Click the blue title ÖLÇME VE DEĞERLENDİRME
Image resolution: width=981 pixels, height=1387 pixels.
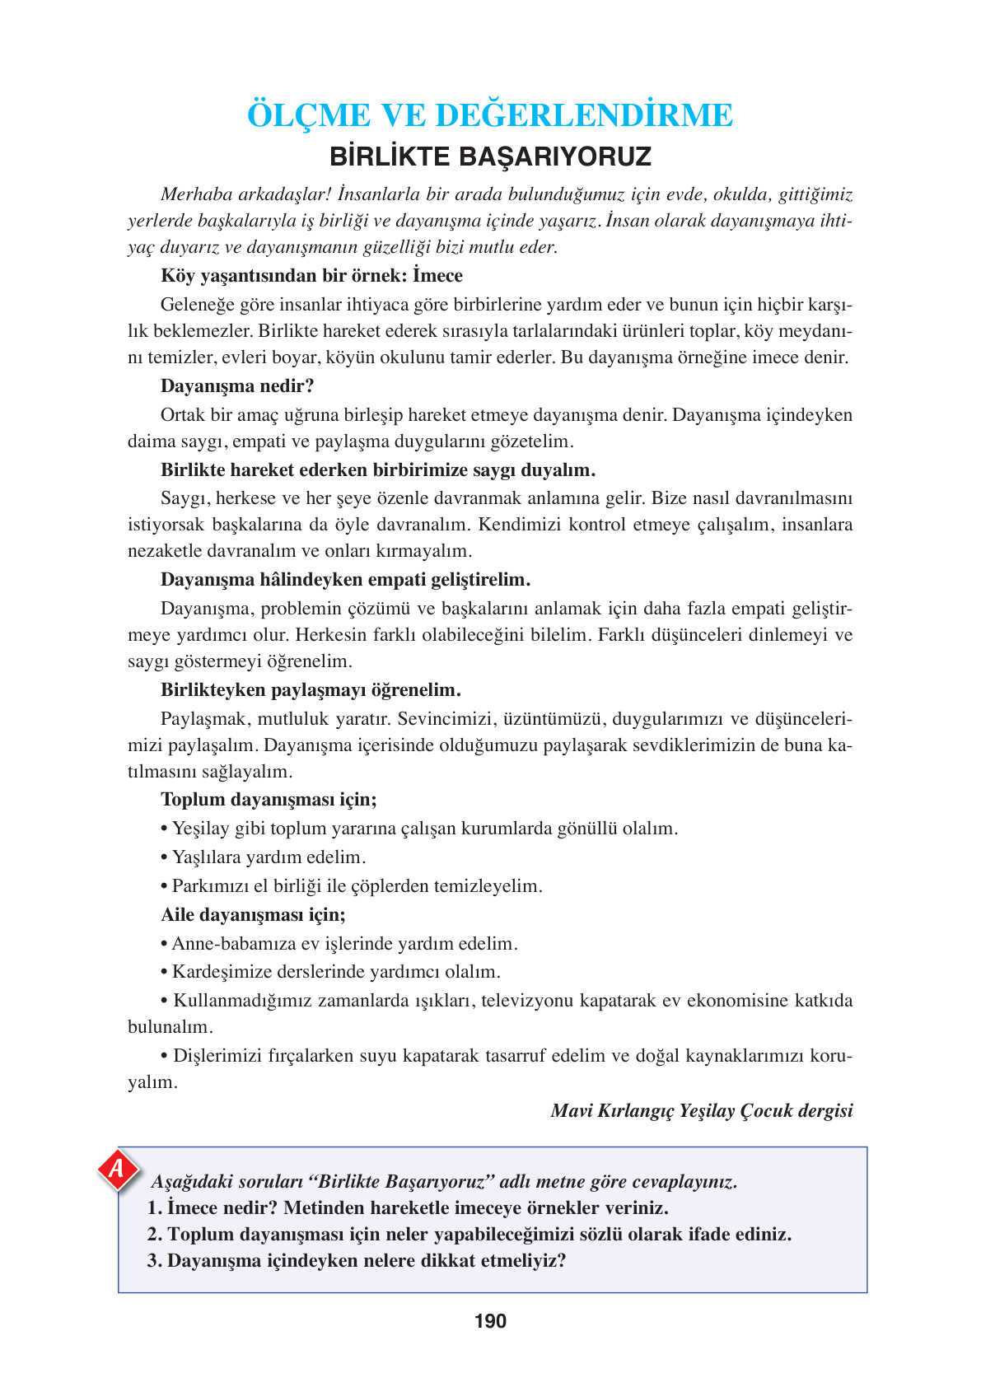[x=490, y=115]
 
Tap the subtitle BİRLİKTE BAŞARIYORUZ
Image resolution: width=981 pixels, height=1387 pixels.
[x=490, y=156]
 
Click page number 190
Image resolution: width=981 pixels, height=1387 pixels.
[x=490, y=1321]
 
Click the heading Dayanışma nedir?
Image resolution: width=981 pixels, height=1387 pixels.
[x=237, y=385]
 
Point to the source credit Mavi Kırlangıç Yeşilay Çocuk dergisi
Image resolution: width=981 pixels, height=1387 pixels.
[x=701, y=1110]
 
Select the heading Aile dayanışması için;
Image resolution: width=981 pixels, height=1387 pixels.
[x=253, y=914]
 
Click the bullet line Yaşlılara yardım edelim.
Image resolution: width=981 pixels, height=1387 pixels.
[x=264, y=857]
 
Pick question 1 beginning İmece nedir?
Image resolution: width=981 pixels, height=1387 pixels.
[x=408, y=1207]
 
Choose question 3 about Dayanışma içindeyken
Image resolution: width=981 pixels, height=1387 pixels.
[x=357, y=1260]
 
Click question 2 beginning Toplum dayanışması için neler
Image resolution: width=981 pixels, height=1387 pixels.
[x=469, y=1234]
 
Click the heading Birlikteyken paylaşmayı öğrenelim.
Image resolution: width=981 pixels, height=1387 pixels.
[x=311, y=689]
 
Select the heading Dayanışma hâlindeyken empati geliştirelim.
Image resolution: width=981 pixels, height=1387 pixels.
[x=345, y=579]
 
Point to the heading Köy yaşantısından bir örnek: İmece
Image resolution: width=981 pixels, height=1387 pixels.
[x=311, y=275]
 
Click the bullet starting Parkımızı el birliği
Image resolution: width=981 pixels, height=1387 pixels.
[x=352, y=885]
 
